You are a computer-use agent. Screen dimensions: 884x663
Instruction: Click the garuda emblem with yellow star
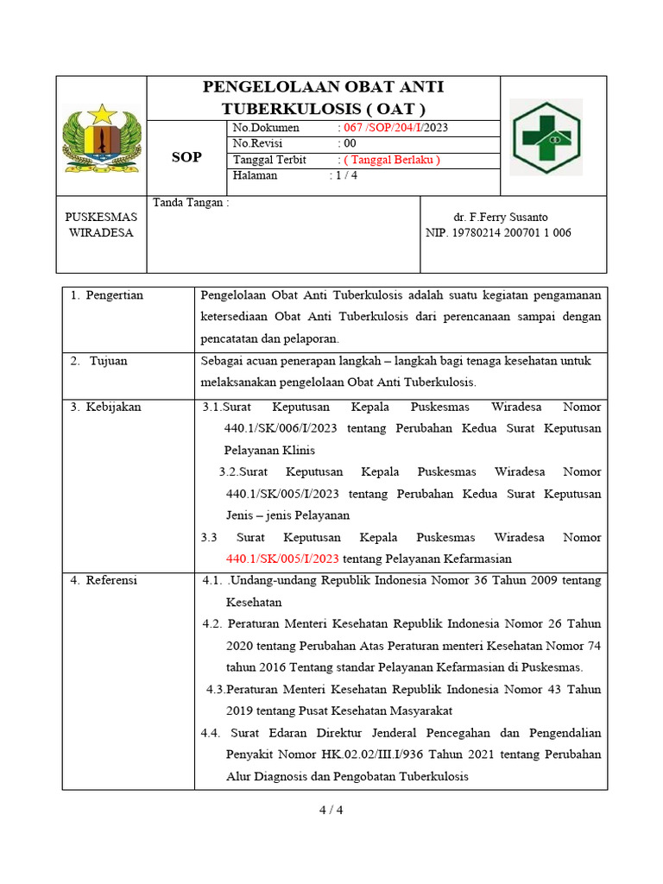(102, 137)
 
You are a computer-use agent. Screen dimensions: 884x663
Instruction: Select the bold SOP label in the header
(186, 157)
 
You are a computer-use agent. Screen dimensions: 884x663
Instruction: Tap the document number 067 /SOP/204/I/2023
(393, 128)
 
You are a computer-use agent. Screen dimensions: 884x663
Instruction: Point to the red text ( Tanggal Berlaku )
(389, 160)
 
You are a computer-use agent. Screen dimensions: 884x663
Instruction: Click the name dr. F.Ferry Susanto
(501, 217)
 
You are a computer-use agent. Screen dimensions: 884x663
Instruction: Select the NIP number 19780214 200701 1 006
(499, 233)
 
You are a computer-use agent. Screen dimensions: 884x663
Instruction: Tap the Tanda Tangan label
(191, 203)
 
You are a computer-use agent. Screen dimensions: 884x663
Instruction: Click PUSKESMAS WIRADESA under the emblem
(101, 225)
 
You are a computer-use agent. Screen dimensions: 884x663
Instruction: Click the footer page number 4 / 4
(331, 810)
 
